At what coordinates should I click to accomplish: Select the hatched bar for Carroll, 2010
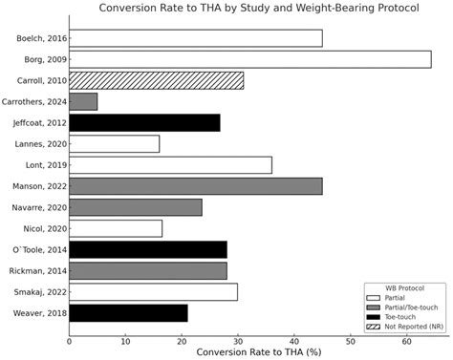pyautogui.click(x=156, y=80)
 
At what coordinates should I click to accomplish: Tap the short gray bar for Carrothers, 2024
pyautogui.click(x=83, y=101)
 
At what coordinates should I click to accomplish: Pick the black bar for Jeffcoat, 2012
pyautogui.click(x=144, y=122)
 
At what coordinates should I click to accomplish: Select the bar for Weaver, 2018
pyautogui.click(x=128, y=312)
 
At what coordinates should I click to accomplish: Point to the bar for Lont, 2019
pyautogui.click(x=170, y=165)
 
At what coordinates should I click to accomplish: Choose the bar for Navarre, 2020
pyautogui.click(x=136, y=207)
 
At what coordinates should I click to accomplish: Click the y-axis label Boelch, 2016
pyautogui.click(x=40, y=38)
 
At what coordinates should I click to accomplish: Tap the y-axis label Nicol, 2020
pyautogui.click(x=43, y=228)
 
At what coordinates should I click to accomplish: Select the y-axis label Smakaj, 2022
pyautogui.click(x=39, y=291)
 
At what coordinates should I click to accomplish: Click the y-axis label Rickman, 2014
pyautogui.click(x=39, y=270)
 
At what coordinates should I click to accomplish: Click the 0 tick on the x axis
pyautogui.click(x=70, y=340)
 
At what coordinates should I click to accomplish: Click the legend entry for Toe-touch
pyautogui.click(x=404, y=316)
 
